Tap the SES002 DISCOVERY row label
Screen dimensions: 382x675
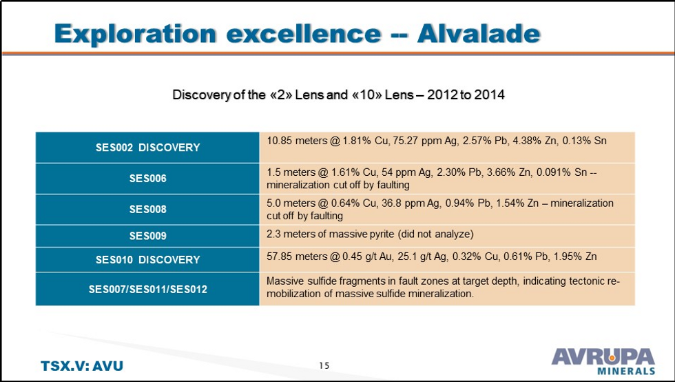click(147, 148)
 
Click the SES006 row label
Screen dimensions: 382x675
click(147, 179)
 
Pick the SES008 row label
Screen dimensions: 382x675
click(147, 209)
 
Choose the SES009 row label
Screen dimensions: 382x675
click(147, 236)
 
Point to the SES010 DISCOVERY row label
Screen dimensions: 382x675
click(147, 259)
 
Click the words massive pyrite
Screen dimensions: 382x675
click(342, 234)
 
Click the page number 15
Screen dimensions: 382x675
click(324, 365)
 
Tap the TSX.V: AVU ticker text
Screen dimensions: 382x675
click(76, 365)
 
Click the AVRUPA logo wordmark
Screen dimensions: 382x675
click(603, 357)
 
